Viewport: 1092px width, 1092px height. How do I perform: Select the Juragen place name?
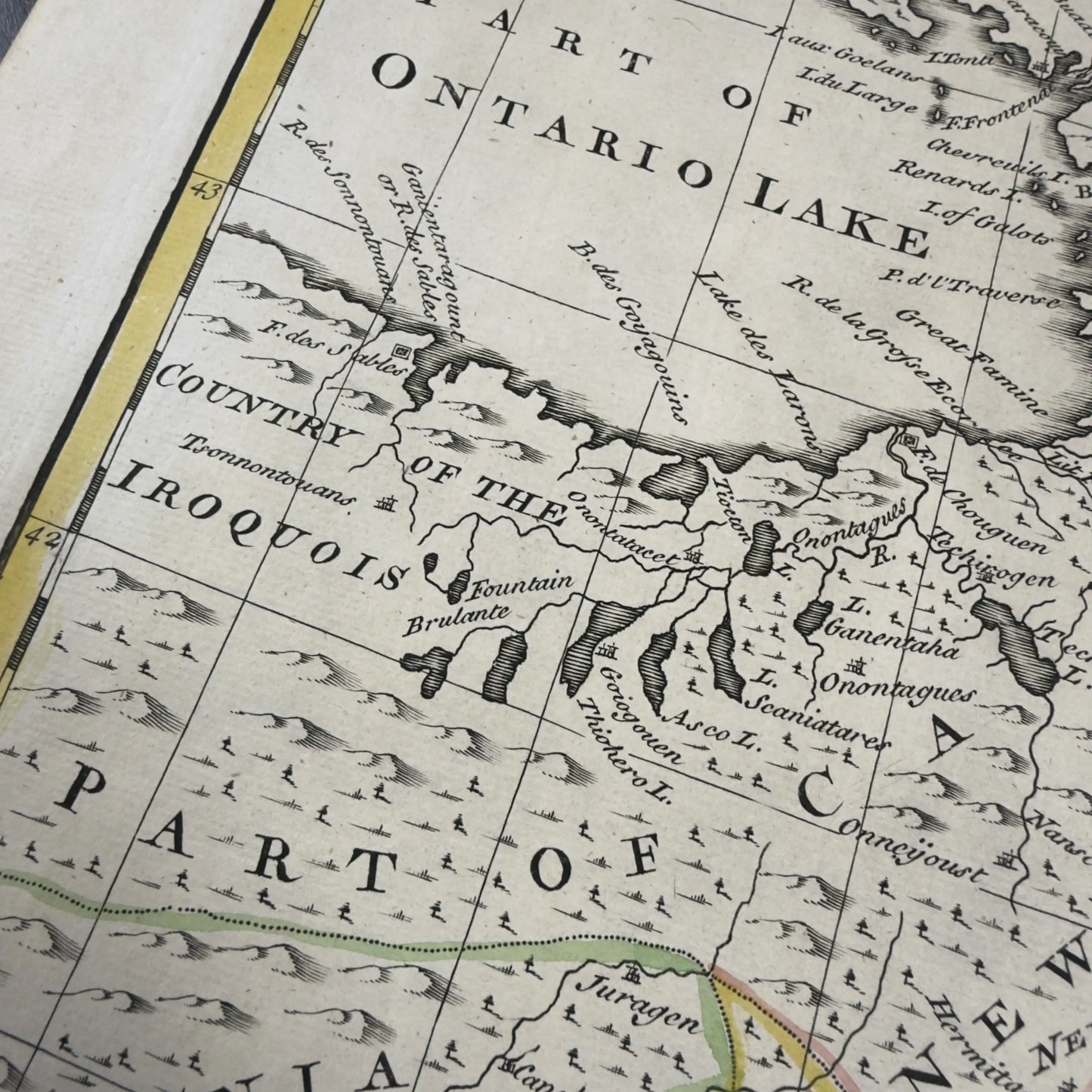[639, 1002]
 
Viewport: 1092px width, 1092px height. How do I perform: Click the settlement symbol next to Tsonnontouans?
[388, 502]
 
